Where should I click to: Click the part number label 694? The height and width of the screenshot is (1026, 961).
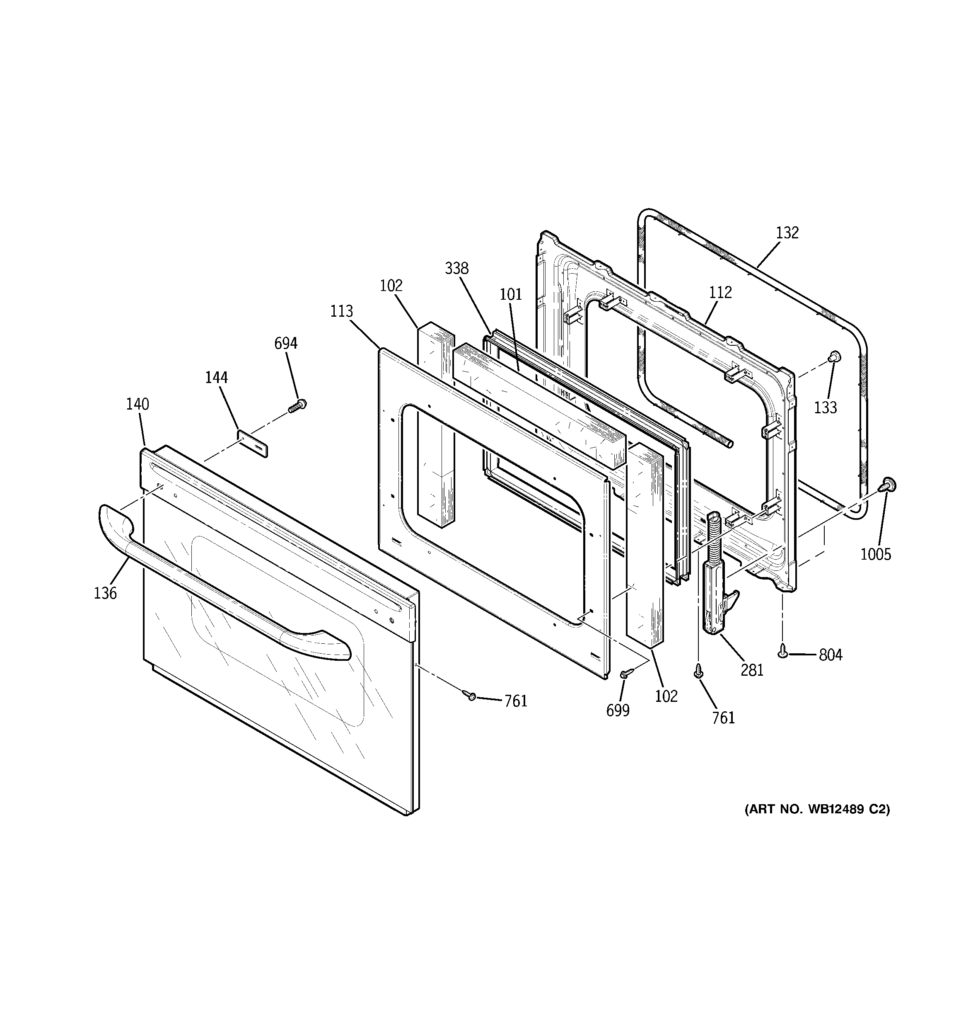[285, 343]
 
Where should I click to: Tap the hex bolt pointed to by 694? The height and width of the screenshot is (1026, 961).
[298, 405]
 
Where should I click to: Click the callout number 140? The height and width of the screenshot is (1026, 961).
[138, 404]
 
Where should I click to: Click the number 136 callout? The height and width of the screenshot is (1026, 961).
[105, 593]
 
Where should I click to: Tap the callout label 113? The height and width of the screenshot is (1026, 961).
[341, 311]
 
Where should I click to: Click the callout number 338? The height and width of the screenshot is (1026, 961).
[456, 268]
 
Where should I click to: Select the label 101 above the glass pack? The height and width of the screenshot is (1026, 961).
[511, 294]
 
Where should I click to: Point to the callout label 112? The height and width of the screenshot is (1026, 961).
[720, 293]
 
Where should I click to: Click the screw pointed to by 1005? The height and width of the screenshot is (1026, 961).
[888, 484]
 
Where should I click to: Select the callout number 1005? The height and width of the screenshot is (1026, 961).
[875, 554]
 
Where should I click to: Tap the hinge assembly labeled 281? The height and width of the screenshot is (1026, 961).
[717, 594]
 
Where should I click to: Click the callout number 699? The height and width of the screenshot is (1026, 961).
[618, 711]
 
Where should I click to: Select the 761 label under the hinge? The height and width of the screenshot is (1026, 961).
[723, 718]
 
